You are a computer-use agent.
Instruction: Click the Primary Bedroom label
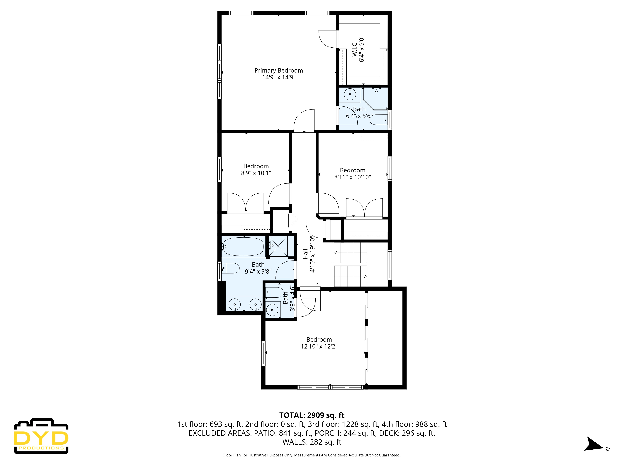pyautogui.click(x=279, y=71)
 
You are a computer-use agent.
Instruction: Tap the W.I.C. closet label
pyautogui.click(x=355, y=49)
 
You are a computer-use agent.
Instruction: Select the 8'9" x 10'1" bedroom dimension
pyautogui.click(x=256, y=173)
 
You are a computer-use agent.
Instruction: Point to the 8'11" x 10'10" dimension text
pyautogui.click(x=352, y=177)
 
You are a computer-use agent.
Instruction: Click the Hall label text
pyautogui.click(x=305, y=254)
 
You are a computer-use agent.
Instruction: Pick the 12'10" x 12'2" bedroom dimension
pyautogui.click(x=319, y=346)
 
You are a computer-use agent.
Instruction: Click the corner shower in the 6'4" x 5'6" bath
pyautogui.click(x=375, y=99)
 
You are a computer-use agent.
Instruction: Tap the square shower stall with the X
pyautogui.click(x=278, y=246)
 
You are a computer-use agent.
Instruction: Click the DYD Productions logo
pyautogui.click(x=41, y=436)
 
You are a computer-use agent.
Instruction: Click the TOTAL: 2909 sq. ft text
pyautogui.click(x=312, y=415)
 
